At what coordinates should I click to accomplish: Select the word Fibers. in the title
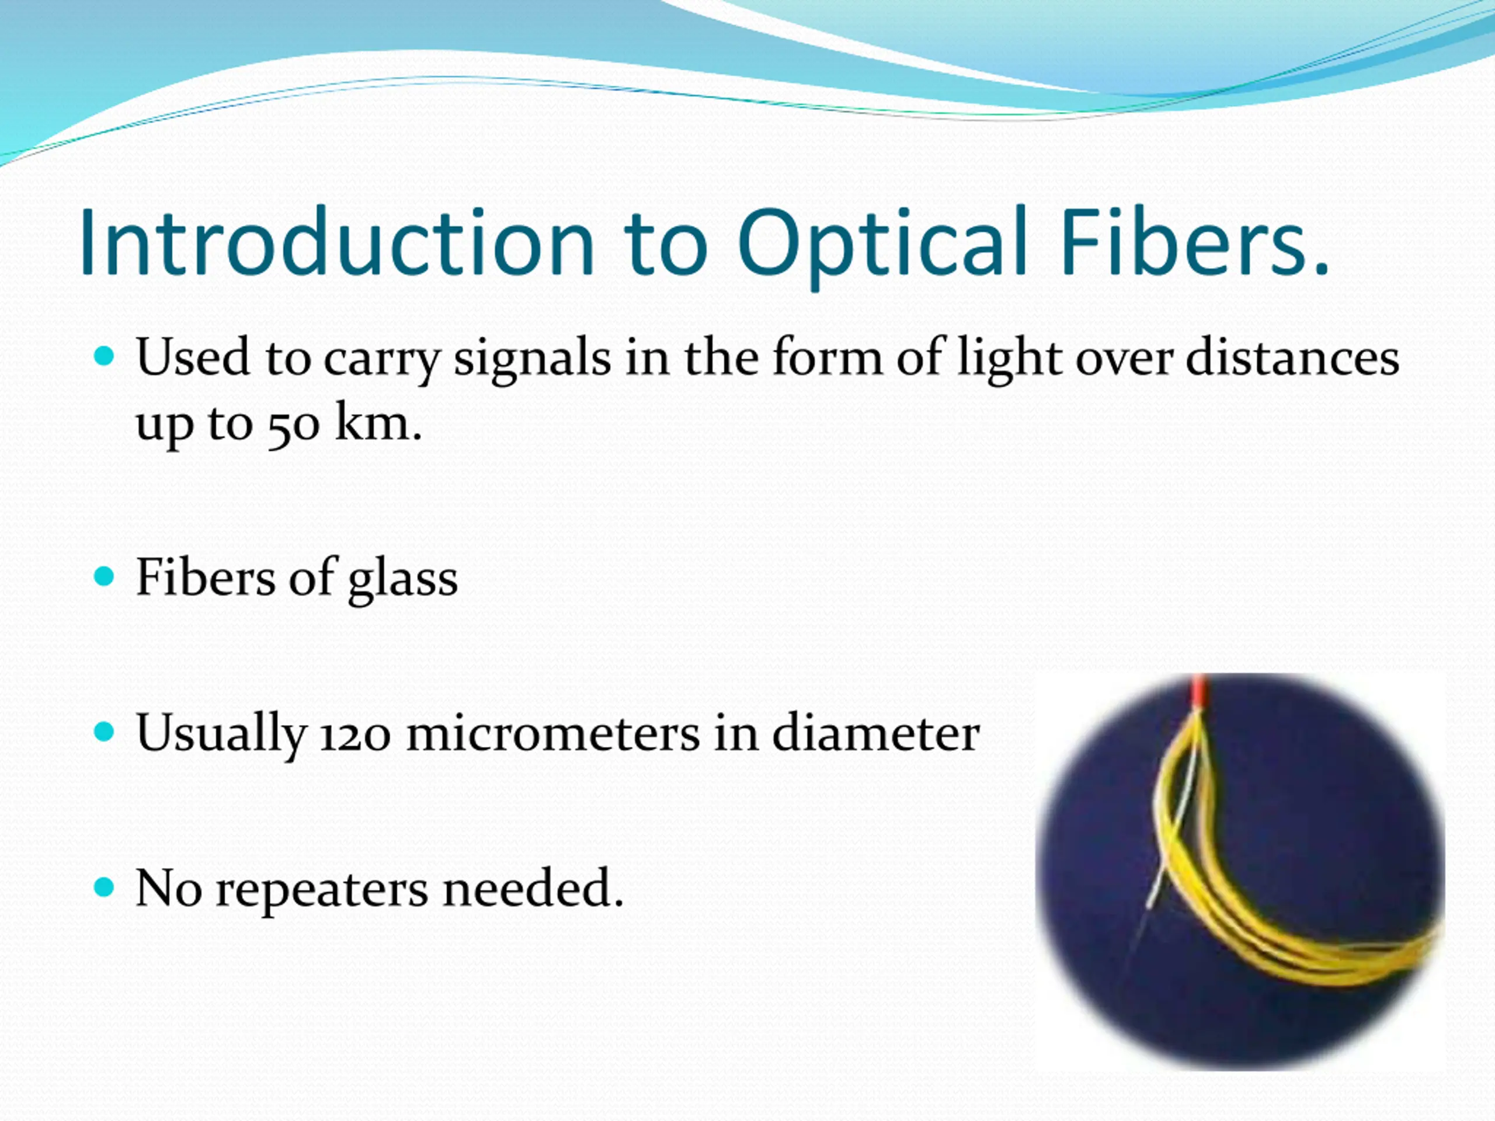pos(1195,241)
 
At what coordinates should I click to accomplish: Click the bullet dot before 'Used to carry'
pos(104,356)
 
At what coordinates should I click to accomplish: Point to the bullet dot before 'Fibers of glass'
pos(104,576)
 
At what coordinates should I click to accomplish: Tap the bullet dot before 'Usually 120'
pos(104,731)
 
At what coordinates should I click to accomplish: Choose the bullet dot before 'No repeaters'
pos(104,886)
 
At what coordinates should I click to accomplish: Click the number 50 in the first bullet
pos(293,427)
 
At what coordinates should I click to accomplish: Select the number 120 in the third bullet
pos(355,734)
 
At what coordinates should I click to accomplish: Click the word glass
pos(403,580)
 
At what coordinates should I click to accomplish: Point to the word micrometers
pos(553,733)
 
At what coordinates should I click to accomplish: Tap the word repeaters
pos(322,890)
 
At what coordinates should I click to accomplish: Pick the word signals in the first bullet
pos(533,360)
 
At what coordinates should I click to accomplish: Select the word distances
pos(1292,357)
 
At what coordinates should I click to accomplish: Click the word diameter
pos(876,733)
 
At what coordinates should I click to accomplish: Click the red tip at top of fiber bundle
pos(1199,689)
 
